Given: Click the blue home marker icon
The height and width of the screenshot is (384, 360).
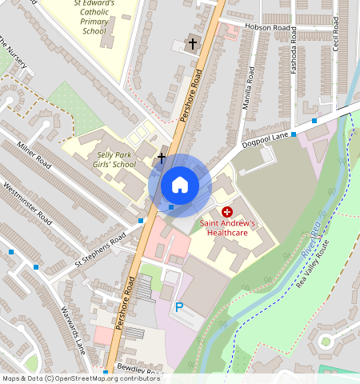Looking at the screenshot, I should click(x=180, y=185).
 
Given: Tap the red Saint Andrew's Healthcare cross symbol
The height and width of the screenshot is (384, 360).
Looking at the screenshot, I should click(x=226, y=211).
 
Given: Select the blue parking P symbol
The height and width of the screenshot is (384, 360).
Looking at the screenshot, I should click(x=179, y=306).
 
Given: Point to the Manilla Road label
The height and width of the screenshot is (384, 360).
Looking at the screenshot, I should click(x=250, y=88).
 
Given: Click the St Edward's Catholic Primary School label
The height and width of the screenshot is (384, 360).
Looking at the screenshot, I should click(x=94, y=17).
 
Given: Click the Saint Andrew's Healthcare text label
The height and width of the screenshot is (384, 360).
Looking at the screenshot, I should click(x=227, y=228).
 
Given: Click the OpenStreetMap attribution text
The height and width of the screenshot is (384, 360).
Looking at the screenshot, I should click(x=81, y=378).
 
